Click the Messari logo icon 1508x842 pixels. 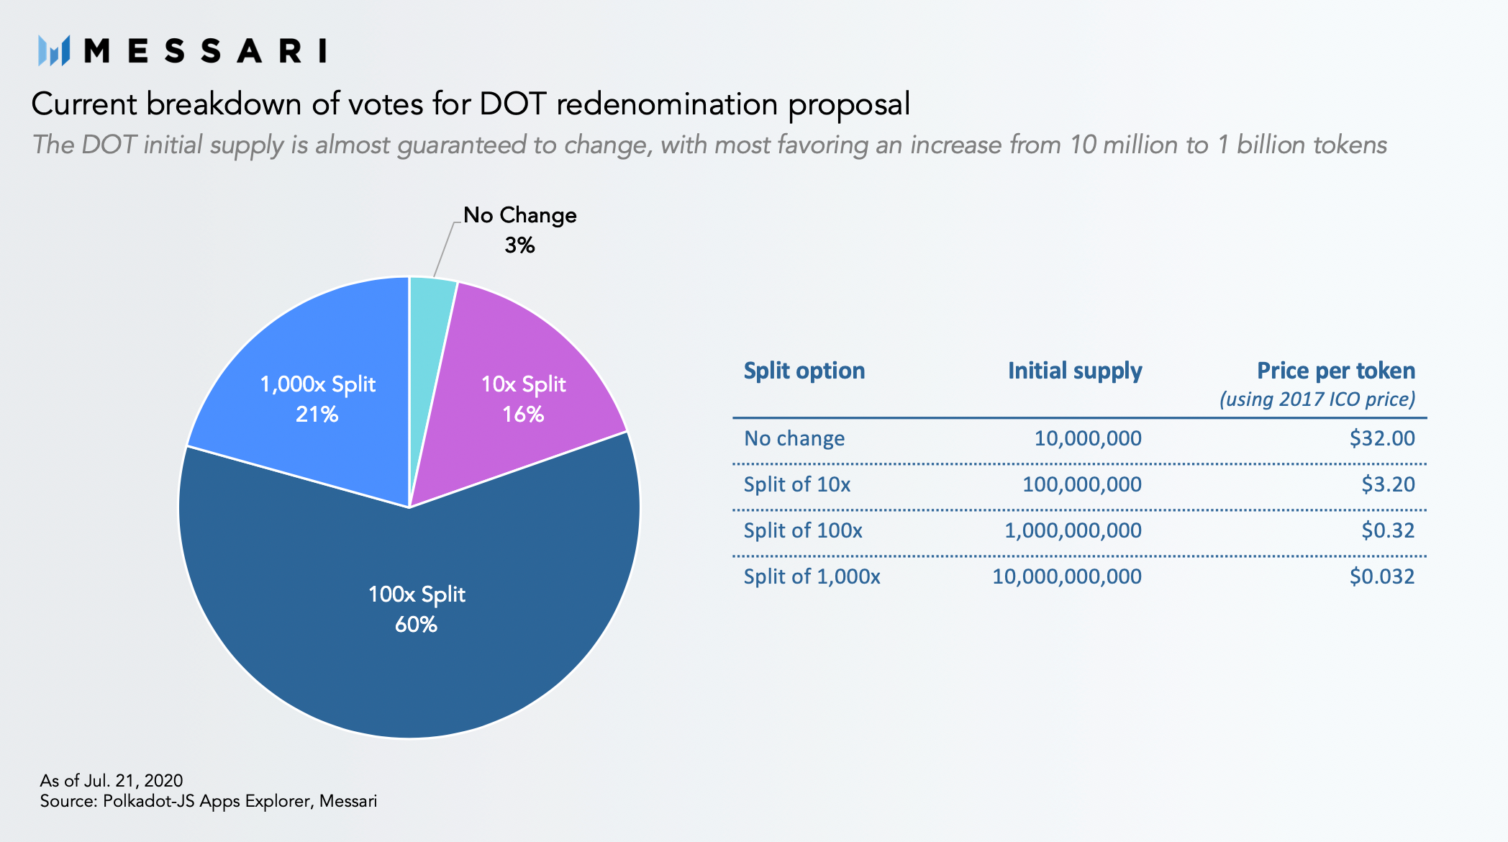click(54, 51)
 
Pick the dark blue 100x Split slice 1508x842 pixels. click(410, 619)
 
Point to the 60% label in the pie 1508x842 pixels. click(416, 624)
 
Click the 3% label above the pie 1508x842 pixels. click(519, 245)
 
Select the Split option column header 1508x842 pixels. click(804, 371)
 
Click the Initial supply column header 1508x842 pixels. click(1075, 371)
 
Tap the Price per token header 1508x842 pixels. click(1336, 371)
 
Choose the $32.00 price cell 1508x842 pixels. click(1382, 438)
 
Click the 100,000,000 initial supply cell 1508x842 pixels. click(1082, 484)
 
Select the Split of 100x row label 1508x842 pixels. click(803, 530)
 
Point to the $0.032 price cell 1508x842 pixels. click(1382, 576)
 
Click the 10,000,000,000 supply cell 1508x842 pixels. click(1067, 576)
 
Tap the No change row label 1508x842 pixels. click(794, 438)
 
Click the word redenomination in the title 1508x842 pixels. click(667, 104)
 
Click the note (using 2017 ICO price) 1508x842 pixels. click(1317, 399)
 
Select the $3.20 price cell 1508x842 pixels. click(1388, 484)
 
